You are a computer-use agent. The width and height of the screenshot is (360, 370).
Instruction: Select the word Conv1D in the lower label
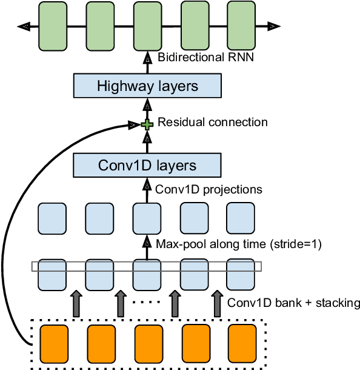[x=121, y=165]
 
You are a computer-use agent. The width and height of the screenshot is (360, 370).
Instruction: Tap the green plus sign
[x=147, y=124]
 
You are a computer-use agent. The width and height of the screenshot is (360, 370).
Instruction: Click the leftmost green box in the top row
[x=53, y=26]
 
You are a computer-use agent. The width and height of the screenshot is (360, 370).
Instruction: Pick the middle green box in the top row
[x=147, y=26]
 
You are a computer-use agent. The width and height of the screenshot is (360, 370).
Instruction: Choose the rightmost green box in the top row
[x=241, y=25]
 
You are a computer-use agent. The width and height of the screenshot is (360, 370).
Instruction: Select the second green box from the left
[x=100, y=26]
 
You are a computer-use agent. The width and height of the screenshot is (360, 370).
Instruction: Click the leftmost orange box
[x=54, y=344]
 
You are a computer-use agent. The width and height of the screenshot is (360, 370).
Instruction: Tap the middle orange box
[x=148, y=344]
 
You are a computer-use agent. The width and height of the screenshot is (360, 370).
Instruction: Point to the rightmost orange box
[x=242, y=343]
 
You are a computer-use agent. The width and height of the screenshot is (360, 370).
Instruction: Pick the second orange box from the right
[x=196, y=343]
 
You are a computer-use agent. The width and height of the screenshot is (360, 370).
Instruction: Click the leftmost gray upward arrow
[x=76, y=303]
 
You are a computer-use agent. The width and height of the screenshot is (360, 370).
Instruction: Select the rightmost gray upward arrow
[x=217, y=303]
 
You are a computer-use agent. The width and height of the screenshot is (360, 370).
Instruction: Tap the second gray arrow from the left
[x=120, y=303]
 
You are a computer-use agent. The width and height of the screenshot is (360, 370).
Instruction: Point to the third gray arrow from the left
[x=175, y=303]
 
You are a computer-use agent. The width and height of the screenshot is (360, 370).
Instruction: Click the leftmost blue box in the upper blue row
[x=52, y=218]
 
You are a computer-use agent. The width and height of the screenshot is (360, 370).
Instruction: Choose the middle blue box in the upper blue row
[x=147, y=218]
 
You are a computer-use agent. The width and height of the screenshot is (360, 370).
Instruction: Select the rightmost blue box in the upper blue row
[x=241, y=218]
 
